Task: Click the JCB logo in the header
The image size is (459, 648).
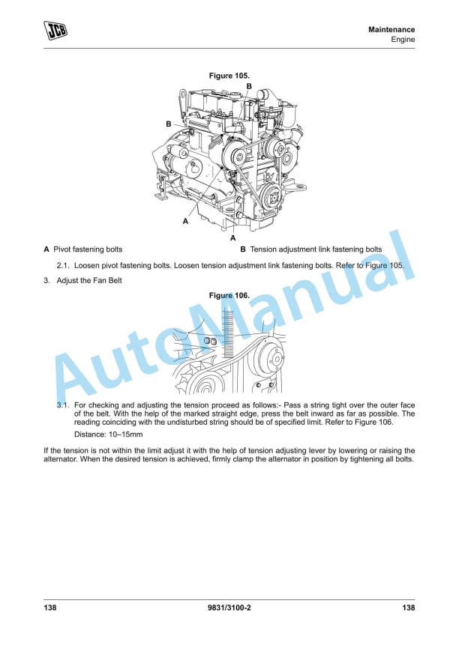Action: [x=55, y=30]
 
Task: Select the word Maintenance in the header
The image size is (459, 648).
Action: [x=391, y=29]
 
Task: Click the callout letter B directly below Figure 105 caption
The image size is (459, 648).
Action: [x=248, y=87]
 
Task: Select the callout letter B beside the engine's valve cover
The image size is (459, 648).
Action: [x=169, y=124]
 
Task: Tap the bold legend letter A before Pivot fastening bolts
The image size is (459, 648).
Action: [x=46, y=249]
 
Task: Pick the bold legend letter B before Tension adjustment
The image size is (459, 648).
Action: [x=243, y=249]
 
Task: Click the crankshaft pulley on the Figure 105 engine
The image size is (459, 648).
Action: [x=271, y=200]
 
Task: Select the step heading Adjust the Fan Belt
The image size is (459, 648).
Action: [x=89, y=281]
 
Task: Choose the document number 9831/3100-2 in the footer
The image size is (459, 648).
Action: [x=229, y=608]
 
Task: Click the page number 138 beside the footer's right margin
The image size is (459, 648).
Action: [x=408, y=608]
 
